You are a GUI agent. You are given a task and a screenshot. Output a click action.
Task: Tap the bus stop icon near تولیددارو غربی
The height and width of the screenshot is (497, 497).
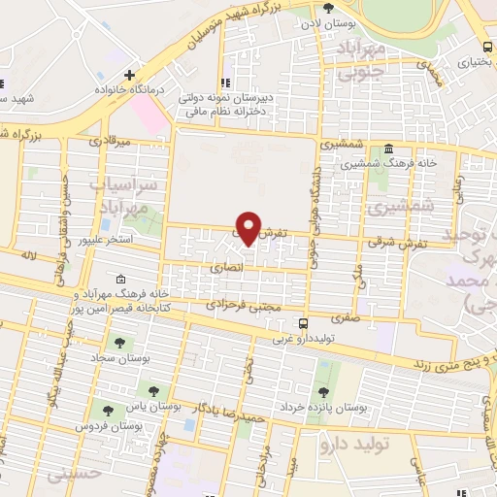pos(304,323)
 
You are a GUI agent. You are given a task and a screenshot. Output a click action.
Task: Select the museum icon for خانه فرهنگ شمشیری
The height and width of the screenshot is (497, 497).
pos(388,149)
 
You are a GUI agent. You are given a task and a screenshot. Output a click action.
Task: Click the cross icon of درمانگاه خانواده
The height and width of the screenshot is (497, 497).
pos(128,75)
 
